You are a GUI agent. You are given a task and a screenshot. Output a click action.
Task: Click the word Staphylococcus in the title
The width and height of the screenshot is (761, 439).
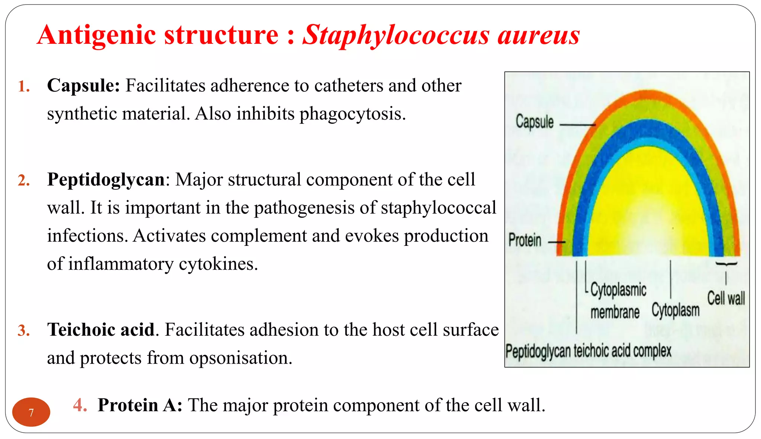click(396, 35)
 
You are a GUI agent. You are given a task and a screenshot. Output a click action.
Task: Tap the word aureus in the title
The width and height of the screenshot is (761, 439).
click(538, 35)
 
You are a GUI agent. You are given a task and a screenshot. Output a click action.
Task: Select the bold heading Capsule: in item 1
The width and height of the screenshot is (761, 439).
click(83, 85)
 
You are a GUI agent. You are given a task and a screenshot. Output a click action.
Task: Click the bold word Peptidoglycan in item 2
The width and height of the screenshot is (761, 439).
click(106, 179)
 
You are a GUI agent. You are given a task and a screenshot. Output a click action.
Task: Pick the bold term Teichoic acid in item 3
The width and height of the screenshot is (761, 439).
click(101, 329)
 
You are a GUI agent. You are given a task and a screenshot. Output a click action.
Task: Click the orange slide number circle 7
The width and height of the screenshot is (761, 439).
click(31, 412)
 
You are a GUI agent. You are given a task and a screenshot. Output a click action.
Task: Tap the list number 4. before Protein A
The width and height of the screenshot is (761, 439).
click(80, 405)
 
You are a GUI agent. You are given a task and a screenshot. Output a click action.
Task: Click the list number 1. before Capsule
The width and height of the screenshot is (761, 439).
click(24, 87)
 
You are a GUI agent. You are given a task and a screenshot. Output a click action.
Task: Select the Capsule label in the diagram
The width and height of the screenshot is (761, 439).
click(534, 122)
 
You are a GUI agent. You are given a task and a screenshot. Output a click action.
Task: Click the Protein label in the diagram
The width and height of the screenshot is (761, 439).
click(525, 240)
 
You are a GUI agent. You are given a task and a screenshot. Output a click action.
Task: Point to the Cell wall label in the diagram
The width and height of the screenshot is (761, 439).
click(726, 298)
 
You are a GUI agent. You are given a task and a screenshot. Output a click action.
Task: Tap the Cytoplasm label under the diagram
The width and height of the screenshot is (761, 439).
click(675, 310)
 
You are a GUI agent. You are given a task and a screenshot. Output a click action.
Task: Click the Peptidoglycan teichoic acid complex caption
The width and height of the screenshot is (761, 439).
click(588, 351)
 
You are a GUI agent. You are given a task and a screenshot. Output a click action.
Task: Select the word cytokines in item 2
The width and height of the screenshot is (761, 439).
click(218, 264)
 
